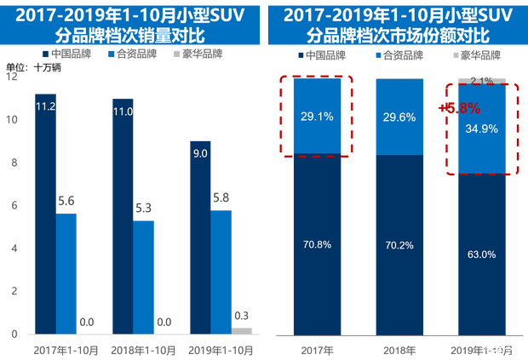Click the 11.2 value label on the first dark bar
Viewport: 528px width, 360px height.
46,106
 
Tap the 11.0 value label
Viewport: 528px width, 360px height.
123,111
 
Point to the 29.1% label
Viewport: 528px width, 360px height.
316,116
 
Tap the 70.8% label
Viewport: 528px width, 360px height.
316,244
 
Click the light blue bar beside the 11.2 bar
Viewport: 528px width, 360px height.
67,272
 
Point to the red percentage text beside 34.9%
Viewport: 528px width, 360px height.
459,109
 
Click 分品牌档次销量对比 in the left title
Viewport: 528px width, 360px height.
126,37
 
